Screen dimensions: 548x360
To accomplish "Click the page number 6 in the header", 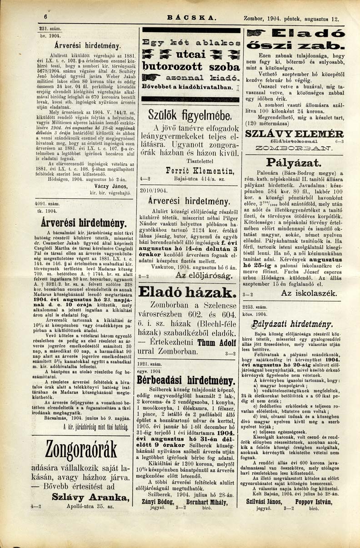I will point(46,17).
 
